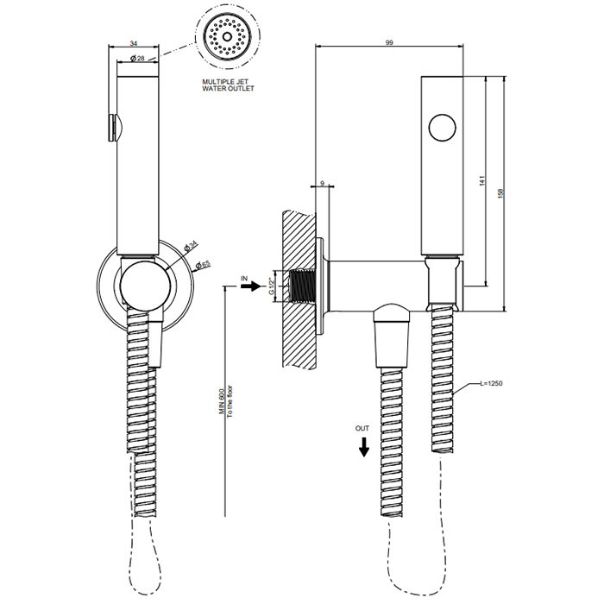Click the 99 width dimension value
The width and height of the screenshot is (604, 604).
(389, 42)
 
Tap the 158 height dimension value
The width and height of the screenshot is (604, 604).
(500, 193)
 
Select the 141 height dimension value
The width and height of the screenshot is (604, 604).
(482, 180)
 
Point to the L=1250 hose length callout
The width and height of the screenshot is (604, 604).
(491, 383)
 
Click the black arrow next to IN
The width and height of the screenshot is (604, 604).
(251, 286)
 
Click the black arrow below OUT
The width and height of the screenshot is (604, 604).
(363, 447)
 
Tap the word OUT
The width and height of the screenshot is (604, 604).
(362, 428)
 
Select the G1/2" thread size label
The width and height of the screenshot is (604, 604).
(272, 286)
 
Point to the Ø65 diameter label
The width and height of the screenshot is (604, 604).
(203, 265)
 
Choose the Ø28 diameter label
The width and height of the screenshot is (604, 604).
(137, 58)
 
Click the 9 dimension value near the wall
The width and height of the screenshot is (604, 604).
(322, 183)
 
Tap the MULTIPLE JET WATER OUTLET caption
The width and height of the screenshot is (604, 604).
(228, 85)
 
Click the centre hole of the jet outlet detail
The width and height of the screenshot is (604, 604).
(227, 36)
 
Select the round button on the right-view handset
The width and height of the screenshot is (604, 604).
(442, 128)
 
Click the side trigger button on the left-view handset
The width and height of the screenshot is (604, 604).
(114, 128)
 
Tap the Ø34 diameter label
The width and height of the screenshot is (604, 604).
(191, 246)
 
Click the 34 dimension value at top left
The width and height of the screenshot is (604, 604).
(133, 43)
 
